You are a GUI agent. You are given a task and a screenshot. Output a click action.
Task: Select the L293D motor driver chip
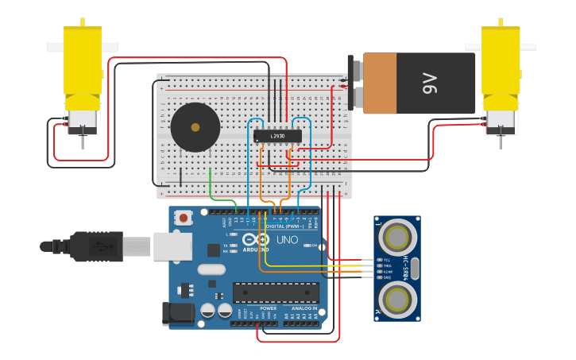tap(277, 136)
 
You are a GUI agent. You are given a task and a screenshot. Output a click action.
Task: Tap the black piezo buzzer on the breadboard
tap(195, 127)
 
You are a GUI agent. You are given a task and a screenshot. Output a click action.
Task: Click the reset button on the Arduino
tap(184, 217)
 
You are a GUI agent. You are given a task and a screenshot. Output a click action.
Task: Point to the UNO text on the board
tap(286, 239)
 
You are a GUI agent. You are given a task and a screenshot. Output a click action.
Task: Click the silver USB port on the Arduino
tap(172, 246)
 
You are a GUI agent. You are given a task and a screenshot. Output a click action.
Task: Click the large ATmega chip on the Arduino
tap(276, 292)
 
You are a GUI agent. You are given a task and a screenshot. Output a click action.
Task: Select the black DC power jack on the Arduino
tap(178, 312)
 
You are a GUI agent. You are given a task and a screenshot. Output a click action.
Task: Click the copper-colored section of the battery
tap(380, 83)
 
